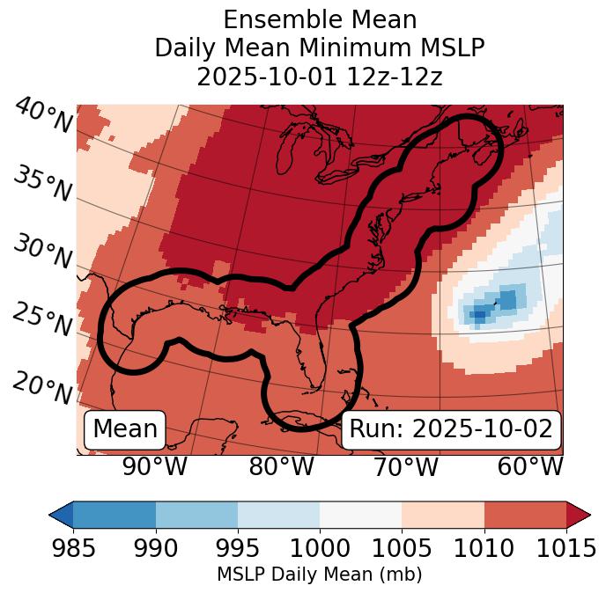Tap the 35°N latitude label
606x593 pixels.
[x=42, y=184]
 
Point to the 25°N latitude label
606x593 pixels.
[x=42, y=320]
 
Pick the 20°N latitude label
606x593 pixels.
[x=42, y=388]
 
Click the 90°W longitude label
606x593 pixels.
[x=154, y=466]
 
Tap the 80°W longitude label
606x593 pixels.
[x=281, y=466]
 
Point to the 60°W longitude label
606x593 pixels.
[x=530, y=466]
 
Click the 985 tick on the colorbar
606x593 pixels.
[x=73, y=549]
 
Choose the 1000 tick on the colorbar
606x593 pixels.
[x=320, y=549]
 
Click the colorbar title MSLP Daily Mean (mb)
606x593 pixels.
[x=319, y=575]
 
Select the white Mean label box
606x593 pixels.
[x=125, y=429]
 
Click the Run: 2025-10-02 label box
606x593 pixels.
[x=451, y=429]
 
